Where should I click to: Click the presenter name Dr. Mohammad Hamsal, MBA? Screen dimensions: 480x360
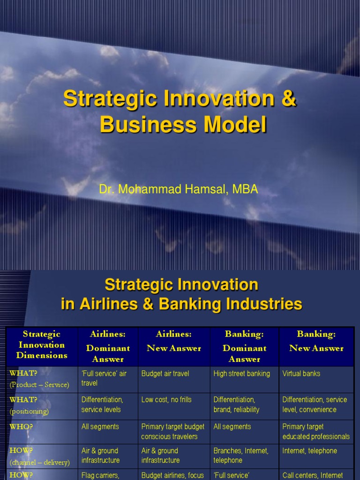click(179, 189)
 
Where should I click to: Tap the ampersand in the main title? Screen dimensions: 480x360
click(290, 99)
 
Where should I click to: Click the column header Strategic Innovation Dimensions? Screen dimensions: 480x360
click(42, 345)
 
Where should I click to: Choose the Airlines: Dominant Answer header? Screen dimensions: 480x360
click(108, 346)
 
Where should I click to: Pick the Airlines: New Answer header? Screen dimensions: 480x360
click(173, 341)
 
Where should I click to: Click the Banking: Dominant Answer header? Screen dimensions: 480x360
click(244, 346)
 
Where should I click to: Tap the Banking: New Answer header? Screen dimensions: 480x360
click(316, 341)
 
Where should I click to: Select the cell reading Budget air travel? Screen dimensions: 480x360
click(165, 374)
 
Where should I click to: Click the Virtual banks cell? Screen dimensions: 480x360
click(301, 374)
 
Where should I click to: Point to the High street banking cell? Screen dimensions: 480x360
click(241, 374)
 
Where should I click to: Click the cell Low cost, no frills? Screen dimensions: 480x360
click(166, 400)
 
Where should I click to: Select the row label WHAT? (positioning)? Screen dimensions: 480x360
click(29, 405)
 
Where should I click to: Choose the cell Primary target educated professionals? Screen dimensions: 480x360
click(316, 432)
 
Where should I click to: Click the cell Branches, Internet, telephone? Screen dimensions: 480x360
click(241, 456)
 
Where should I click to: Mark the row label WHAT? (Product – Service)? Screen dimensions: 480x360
click(39, 379)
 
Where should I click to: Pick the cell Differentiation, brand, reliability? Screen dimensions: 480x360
click(236, 405)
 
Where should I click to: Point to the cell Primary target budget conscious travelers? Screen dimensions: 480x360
click(172, 432)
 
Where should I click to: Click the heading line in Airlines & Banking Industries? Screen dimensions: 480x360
click(181, 304)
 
